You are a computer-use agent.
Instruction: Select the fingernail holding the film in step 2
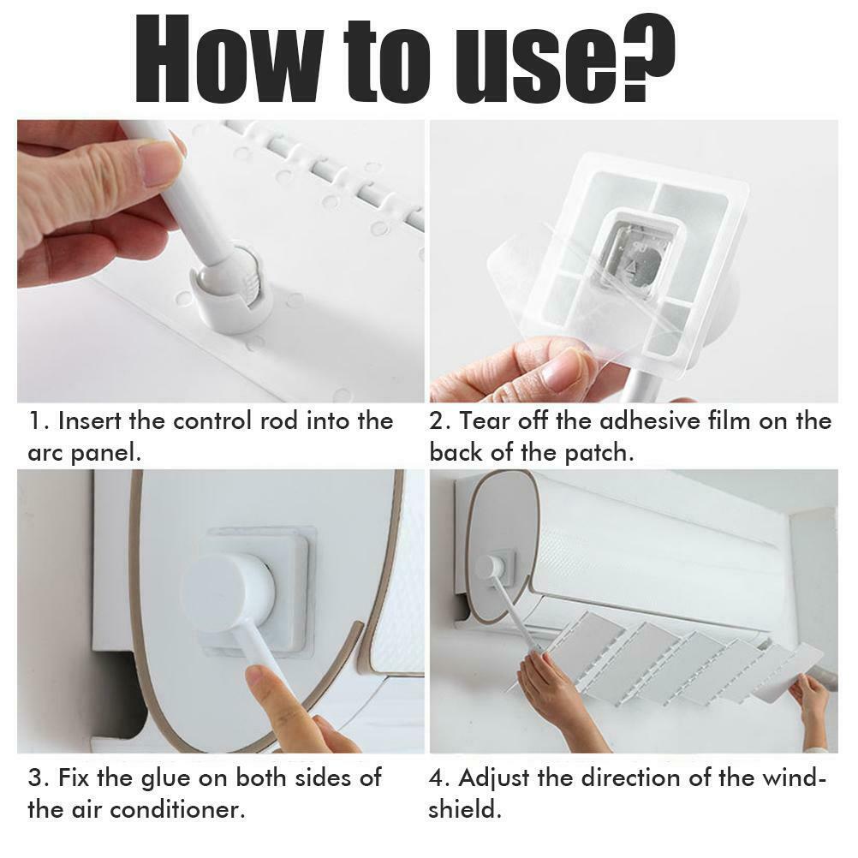(566, 372)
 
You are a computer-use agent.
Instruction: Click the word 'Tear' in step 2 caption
(485, 420)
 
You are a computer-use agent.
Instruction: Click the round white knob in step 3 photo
(228, 591)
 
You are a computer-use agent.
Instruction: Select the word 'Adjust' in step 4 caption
(494, 779)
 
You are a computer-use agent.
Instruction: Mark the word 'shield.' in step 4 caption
(465, 810)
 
